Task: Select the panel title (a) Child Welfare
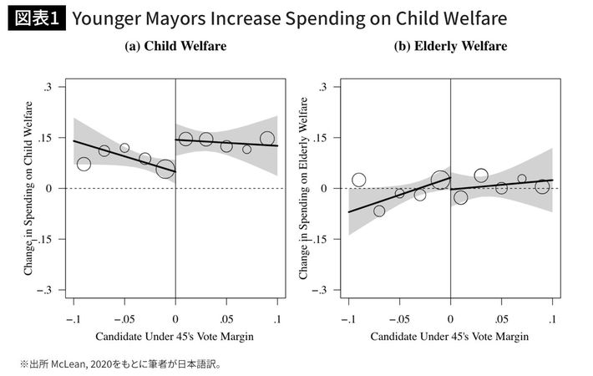175,47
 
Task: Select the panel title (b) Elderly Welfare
450,47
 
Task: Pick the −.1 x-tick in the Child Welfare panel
72,319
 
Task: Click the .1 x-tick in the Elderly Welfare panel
553,319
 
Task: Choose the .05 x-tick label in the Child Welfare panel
226,319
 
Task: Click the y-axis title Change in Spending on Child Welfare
28,188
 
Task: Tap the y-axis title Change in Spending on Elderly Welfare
303,188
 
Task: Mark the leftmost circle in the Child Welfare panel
84,164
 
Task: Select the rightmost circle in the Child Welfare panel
267,139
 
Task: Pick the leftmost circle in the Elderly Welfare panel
359,180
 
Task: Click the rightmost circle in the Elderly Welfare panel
542,186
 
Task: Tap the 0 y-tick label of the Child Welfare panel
52,189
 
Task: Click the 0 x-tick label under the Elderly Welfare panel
450,319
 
